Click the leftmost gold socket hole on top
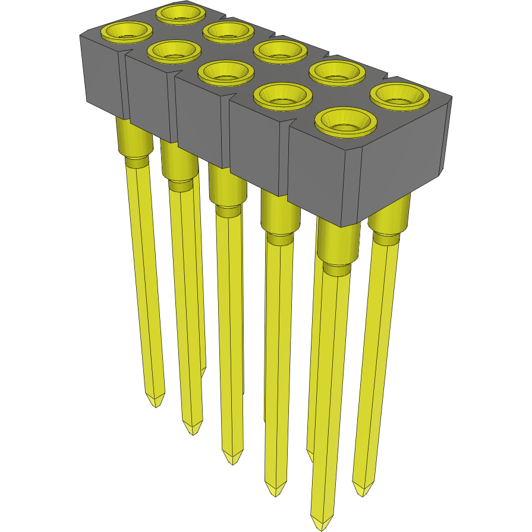(125, 32)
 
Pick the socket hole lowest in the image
(345, 121)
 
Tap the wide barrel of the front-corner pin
(338, 244)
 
